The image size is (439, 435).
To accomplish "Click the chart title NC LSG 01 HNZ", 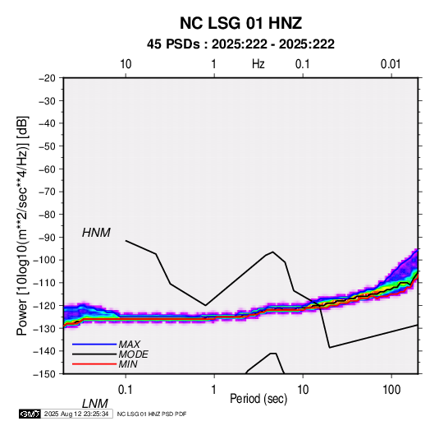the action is pyautogui.click(x=240, y=23).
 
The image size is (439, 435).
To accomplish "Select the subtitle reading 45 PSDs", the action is pyautogui.click(x=173, y=44).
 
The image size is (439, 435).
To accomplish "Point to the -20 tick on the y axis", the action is pyautogui.click(x=47, y=78).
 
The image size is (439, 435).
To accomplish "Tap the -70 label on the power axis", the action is pyautogui.click(x=47, y=192).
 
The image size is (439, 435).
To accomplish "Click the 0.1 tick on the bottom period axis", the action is pyautogui.click(x=126, y=390).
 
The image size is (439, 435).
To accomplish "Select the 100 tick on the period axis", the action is pyautogui.click(x=391, y=390).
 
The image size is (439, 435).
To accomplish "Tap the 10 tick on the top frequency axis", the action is pyautogui.click(x=126, y=64).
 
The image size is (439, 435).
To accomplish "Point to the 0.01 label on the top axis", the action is pyautogui.click(x=391, y=64).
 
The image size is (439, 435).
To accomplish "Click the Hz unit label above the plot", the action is pyautogui.click(x=258, y=64).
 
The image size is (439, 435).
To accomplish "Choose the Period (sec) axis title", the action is pyautogui.click(x=258, y=399).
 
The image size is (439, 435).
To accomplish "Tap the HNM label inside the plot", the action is pyautogui.click(x=96, y=233).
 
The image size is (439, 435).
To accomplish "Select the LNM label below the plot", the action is pyautogui.click(x=95, y=404).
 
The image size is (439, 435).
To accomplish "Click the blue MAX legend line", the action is pyautogui.click(x=94, y=345).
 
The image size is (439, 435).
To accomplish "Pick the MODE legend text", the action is pyautogui.click(x=133, y=354).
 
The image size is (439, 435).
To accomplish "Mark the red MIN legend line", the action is pyautogui.click(x=94, y=364).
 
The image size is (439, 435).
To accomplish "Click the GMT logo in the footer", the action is pyautogui.click(x=30, y=414).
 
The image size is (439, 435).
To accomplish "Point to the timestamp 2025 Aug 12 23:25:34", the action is pyautogui.click(x=76, y=414).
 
